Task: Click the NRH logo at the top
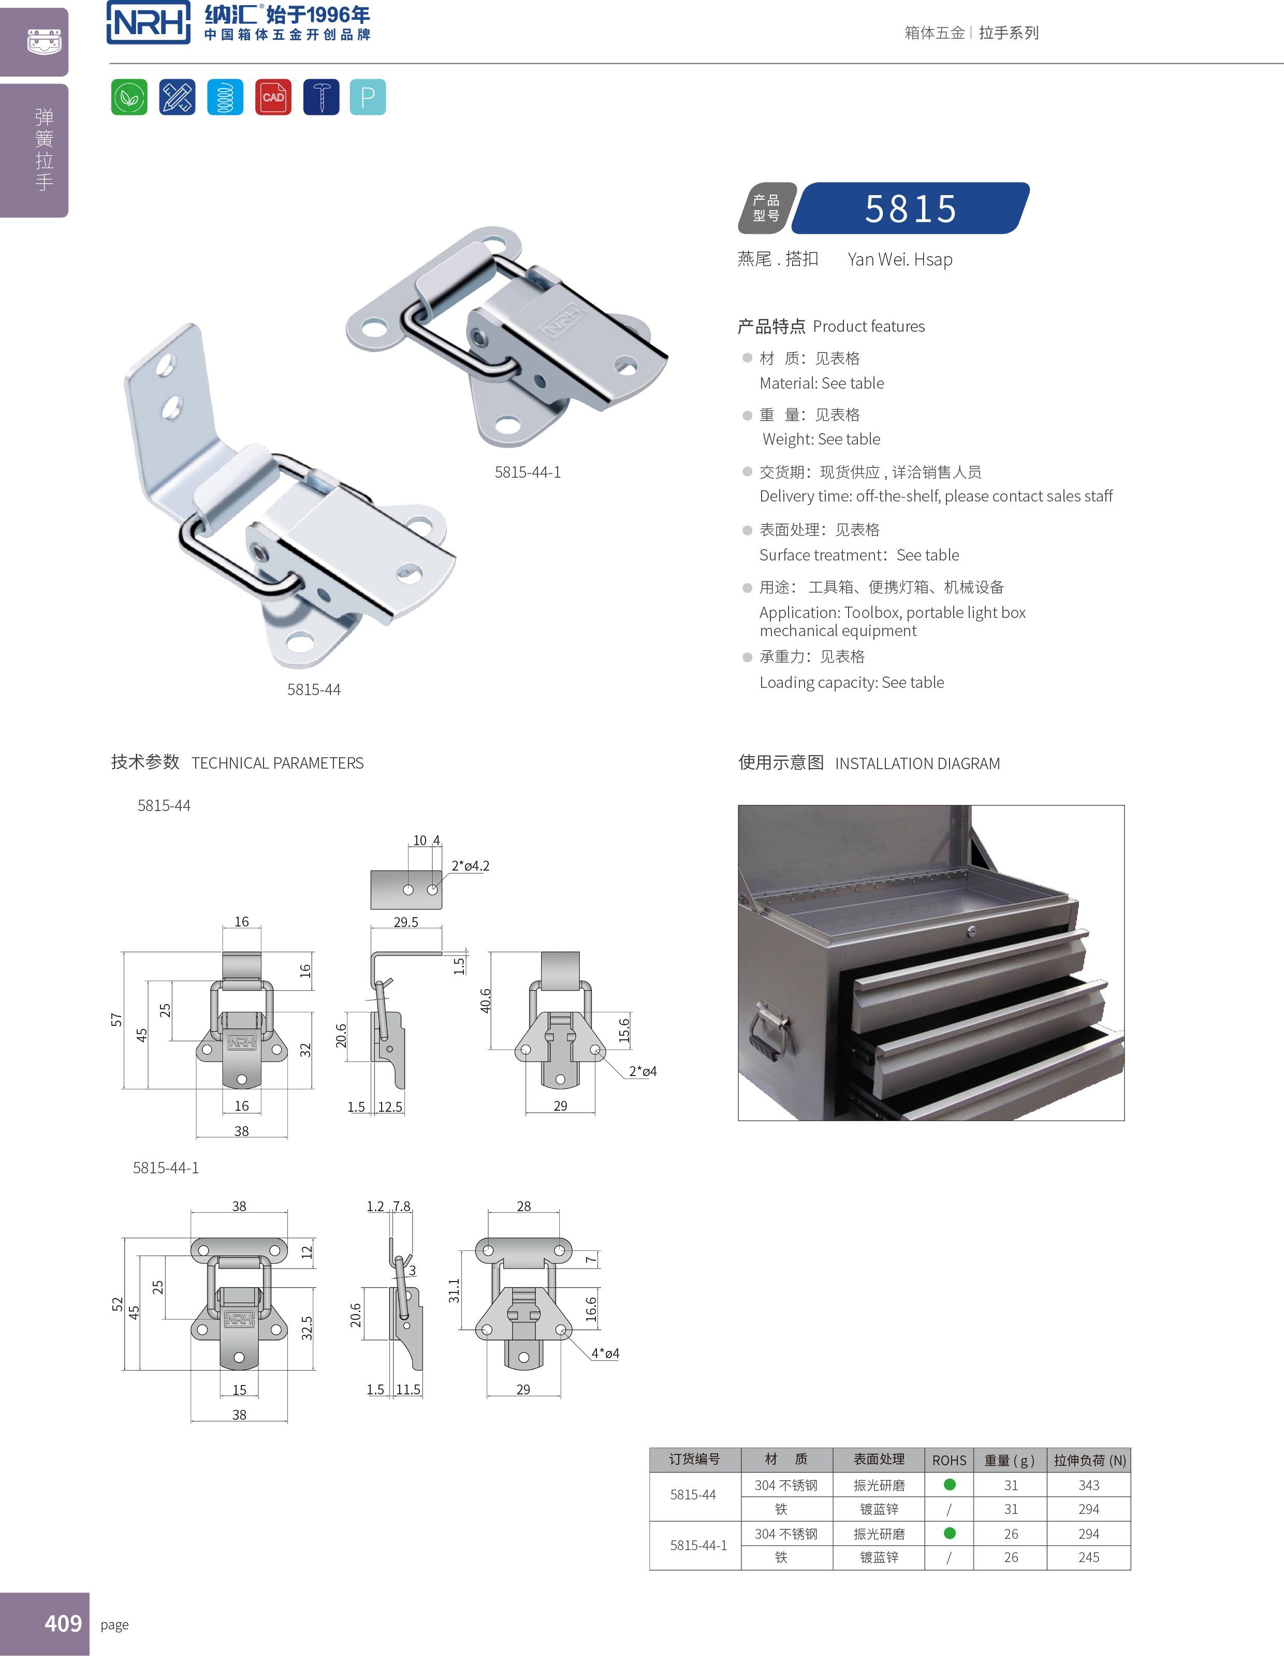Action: click(149, 23)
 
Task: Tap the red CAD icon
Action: click(273, 97)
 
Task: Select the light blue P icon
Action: click(368, 97)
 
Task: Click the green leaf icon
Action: click(129, 97)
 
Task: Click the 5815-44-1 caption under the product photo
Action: click(527, 472)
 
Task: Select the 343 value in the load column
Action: click(1088, 1485)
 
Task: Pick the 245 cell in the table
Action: click(1088, 1557)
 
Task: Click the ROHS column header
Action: click(949, 1460)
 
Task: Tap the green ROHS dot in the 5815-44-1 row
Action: click(950, 1533)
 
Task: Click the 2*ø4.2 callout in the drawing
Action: click(470, 866)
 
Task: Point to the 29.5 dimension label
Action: click(405, 922)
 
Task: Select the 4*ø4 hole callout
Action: click(605, 1353)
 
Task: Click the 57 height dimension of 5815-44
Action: click(116, 1020)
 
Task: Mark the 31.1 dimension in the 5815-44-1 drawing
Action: click(454, 1291)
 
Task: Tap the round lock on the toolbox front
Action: click(971, 931)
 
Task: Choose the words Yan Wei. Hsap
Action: click(899, 260)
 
